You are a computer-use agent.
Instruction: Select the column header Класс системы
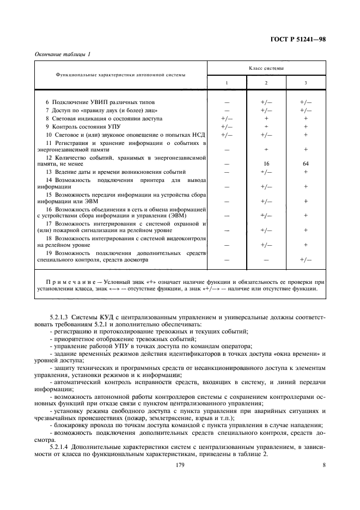click(265, 68)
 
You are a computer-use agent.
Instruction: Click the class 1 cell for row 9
click(227, 126)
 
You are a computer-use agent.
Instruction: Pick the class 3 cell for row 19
click(306, 260)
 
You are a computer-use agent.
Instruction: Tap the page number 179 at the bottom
click(180, 465)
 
